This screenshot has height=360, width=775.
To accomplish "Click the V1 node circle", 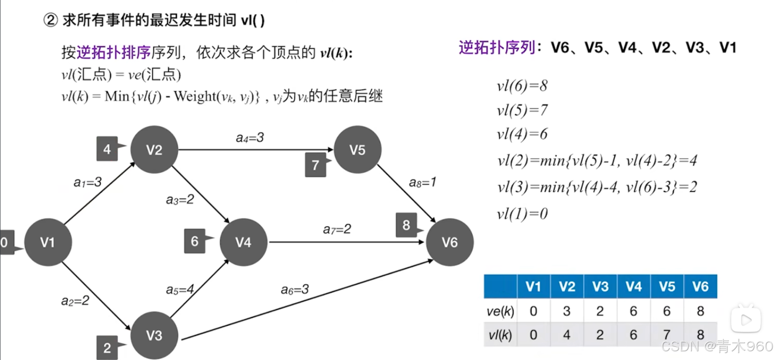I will [x=48, y=242].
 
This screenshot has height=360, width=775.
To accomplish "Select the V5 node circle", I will [x=357, y=150].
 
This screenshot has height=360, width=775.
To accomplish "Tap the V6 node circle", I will [x=450, y=242].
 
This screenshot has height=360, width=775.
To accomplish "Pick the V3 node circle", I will [x=154, y=336].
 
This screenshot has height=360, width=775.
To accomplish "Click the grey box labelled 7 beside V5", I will [x=315, y=165].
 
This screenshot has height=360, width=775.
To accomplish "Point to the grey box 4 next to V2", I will [x=107, y=149].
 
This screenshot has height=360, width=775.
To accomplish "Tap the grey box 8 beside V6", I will [x=406, y=225].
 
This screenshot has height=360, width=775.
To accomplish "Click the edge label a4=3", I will [x=249, y=138].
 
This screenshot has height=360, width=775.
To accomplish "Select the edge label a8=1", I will [x=422, y=183].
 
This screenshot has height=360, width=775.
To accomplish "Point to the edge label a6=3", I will [x=295, y=290].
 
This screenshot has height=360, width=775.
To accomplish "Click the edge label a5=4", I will [x=180, y=290].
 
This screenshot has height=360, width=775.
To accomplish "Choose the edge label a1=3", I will [x=87, y=183].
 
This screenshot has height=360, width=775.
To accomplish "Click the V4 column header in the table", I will [x=633, y=286].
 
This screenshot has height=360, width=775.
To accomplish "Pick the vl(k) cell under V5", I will [x=667, y=335].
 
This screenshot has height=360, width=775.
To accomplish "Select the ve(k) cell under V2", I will [x=567, y=311].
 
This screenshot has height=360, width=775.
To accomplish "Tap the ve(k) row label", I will [x=500, y=311].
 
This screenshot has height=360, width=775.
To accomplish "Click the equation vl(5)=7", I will [x=522, y=110].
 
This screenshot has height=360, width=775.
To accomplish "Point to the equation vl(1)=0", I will [x=522, y=214].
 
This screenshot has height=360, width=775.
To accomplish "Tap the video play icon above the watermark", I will [x=745, y=320].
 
